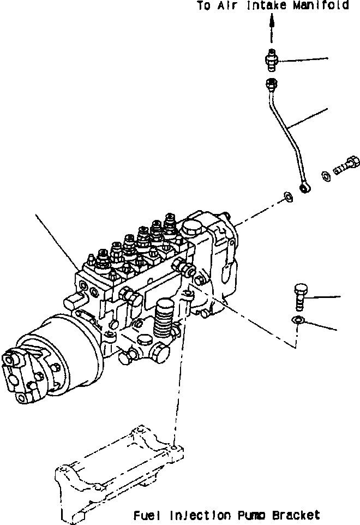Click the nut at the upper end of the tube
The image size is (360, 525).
pyautogui.click(x=271, y=83)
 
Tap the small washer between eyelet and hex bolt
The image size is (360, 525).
pyautogui.click(x=326, y=175)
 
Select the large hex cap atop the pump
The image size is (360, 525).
pyautogui.click(x=191, y=230)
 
